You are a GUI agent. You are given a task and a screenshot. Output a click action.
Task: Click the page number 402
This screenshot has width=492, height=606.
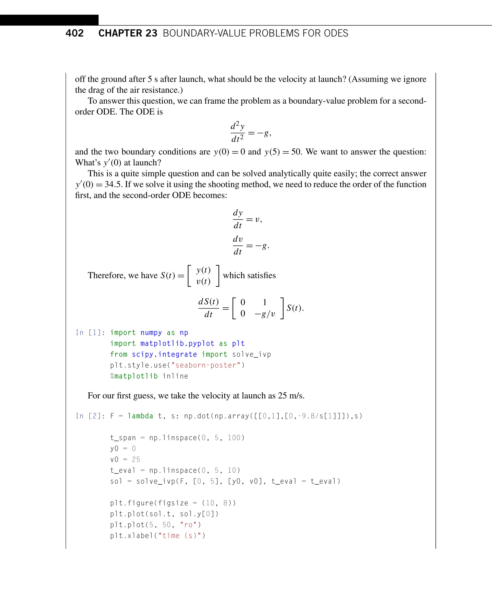click(x=74, y=33)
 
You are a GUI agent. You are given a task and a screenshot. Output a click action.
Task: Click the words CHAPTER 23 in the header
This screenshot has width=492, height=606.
click(x=128, y=33)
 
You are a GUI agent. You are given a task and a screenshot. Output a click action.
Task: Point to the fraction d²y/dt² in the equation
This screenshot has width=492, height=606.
click(x=238, y=132)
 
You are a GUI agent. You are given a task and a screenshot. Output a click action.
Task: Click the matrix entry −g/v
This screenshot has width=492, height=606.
click(x=265, y=314)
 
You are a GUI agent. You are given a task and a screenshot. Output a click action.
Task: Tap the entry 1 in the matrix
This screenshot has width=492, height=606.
click(x=265, y=302)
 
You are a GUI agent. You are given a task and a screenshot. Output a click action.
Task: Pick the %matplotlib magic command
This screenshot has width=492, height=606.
click(x=134, y=376)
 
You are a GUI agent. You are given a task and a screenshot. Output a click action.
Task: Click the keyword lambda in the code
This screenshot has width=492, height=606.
click(x=140, y=416)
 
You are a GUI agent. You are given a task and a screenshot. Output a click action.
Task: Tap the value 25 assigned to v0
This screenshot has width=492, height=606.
click(x=136, y=459)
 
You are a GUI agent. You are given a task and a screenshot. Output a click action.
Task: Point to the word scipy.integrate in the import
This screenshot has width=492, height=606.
click(x=164, y=354)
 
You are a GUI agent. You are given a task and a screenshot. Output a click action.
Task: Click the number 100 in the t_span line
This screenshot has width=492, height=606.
click(x=234, y=438)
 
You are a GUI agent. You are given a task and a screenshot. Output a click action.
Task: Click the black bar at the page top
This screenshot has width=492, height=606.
click(x=49, y=20)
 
